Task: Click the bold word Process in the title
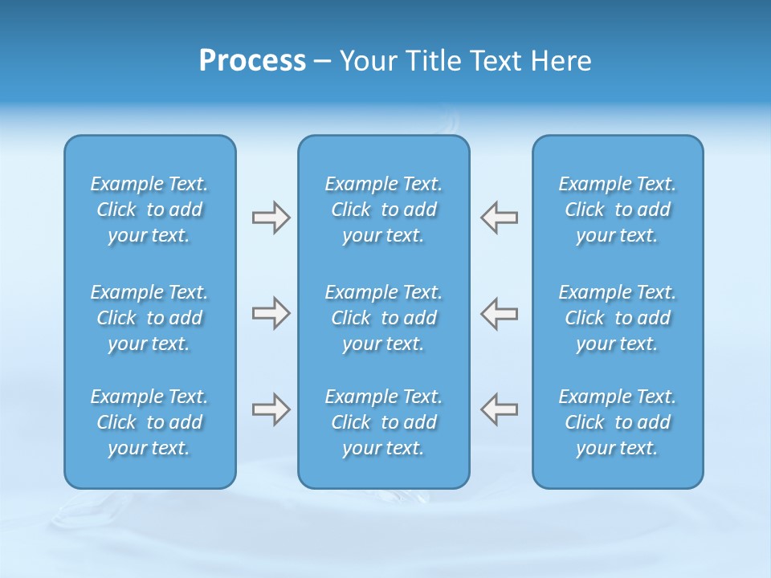(x=252, y=61)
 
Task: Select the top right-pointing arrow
(x=271, y=218)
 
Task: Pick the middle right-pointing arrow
(x=271, y=313)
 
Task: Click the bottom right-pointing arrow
(x=271, y=409)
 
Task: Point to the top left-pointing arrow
(x=499, y=218)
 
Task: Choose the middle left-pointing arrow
(x=499, y=313)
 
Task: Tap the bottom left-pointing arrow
(x=499, y=409)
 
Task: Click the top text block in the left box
(x=149, y=210)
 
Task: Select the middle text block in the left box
(x=149, y=318)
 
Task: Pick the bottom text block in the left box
(x=149, y=422)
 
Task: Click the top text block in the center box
(x=383, y=210)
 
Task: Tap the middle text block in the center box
(x=383, y=318)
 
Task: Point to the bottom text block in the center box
(x=383, y=422)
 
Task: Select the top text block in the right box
(x=617, y=210)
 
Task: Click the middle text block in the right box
(x=617, y=318)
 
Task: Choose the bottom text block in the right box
(x=617, y=422)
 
